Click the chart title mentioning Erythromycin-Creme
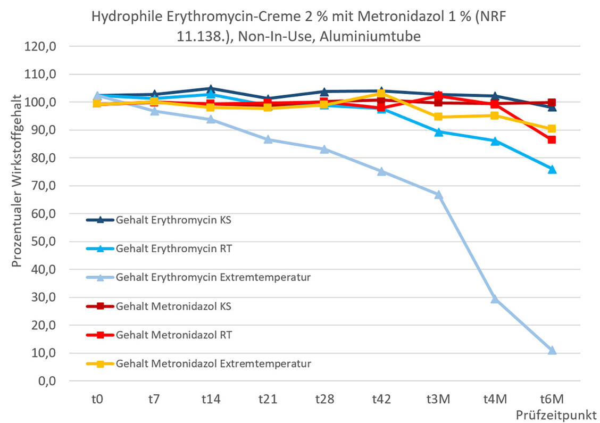pyautogui.click(x=299, y=26)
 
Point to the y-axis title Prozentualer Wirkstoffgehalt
pyautogui.click(x=16, y=180)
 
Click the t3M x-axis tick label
pyautogui.click(x=438, y=400)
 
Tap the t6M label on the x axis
pyautogui.click(x=552, y=400)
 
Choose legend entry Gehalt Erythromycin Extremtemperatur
pyautogui.click(x=213, y=277)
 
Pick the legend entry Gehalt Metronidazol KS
pyautogui.click(x=173, y=306)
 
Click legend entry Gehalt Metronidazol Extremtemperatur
pyautogui.click(x=213, y=364)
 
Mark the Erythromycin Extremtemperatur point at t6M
pyautogui.click(x=552, y=351)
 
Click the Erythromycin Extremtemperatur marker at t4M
pyautogui.click(x=495, y=299)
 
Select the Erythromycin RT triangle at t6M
pyautogui.click(x=552, y=169)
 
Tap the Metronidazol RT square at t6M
pyautogui.click(x=552, y=140)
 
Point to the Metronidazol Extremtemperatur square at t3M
pyautogui.click(x=438, y=117)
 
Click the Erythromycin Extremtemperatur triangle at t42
pyautogui.click(x=381, y=171)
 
